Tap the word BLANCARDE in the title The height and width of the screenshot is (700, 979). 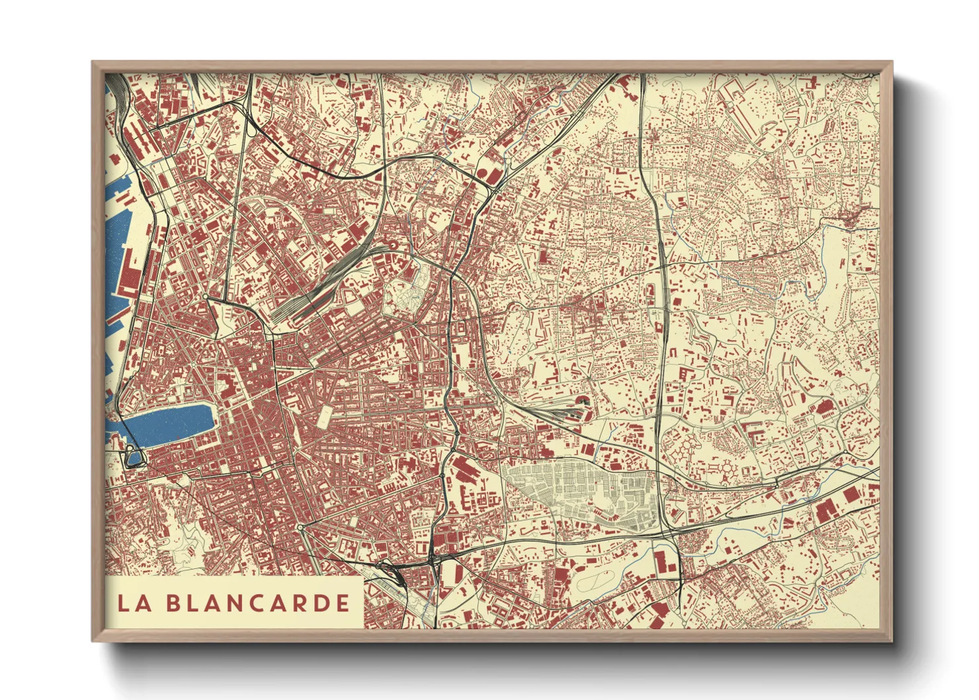point(257,603)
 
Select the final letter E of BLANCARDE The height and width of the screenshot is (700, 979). point(342,603)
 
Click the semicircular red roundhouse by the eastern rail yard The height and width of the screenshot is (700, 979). point(583,401)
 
